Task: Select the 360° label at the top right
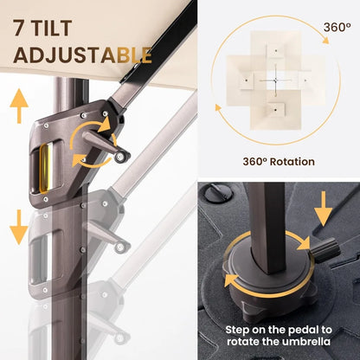click(337, 27)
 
